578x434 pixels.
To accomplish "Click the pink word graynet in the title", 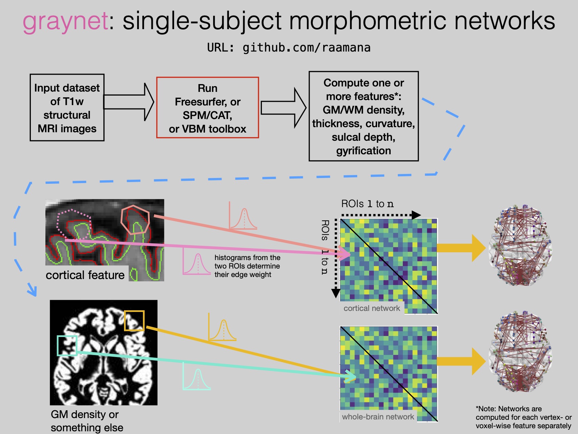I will tap(65, 21).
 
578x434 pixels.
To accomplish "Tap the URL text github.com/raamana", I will tap(306, 48).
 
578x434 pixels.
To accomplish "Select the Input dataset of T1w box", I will tap(67, 108).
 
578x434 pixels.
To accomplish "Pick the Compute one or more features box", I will tap(364, 116).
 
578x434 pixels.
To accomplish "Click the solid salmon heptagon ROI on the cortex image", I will tap(135, 220).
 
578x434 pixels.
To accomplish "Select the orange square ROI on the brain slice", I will tap(134, 320).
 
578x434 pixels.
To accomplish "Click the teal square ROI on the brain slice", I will tap(67, 346).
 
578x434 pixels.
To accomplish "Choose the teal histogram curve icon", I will tap(197, 377).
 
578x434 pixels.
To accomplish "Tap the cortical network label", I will tap(372, 308).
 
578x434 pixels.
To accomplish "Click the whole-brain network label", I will tap(378, 417).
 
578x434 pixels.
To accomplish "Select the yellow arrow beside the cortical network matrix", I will tap(461, 248).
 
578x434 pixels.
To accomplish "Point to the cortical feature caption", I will tap(85, 275).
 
